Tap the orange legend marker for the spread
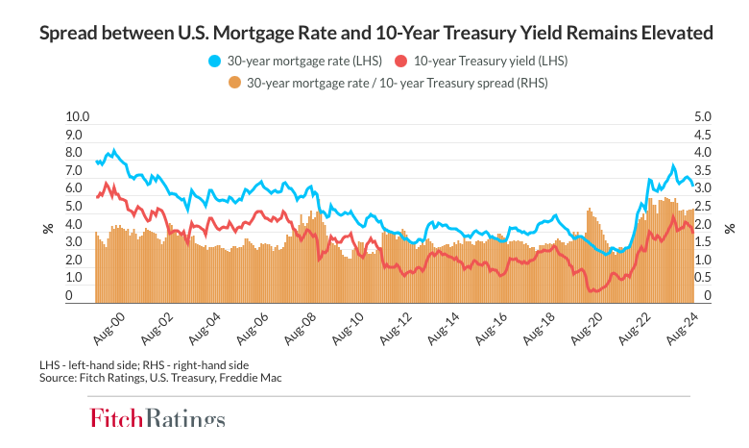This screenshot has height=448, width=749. click(x=234, y=83)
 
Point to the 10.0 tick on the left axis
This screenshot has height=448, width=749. click(x=77, y=117)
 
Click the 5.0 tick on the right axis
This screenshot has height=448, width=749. click(x=701, y=117)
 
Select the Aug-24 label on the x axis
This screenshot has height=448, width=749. click(x=681, y=326)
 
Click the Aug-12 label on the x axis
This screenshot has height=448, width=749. click(x=394, y=326)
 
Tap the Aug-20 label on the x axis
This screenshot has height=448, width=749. click(x=585, y=326)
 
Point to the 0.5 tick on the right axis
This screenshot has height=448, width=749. click(x=701, y=278)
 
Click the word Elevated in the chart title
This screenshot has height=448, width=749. click(x=677, y=34)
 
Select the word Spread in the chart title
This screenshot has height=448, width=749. click(x=64, y=34)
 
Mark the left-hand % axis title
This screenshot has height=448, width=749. click(x=46, y=228)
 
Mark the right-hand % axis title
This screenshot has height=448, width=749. click(x=730, y=228)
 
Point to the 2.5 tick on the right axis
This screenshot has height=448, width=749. click(x=701, y=207)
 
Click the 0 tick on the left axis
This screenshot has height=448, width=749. click(x=69, y=296)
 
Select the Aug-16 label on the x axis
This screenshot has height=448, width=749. click(x=490, y=326)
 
